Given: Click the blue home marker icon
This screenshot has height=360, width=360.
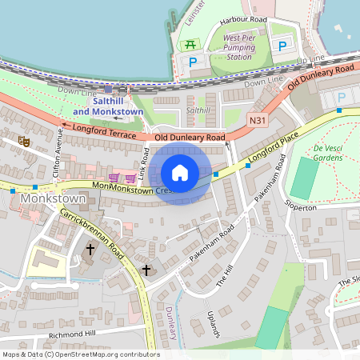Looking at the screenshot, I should click(x=180, y=173).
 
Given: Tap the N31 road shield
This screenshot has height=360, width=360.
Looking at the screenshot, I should click(x=257, y=121).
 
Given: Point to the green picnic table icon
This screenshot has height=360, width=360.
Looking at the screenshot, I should click(x=190, y=45).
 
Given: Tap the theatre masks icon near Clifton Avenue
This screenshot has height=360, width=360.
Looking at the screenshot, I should click(x=25, y=140).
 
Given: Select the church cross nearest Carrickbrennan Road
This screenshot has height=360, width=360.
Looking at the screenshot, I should click(x=90, y=250).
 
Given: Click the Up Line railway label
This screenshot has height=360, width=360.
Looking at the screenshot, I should click(x=310, y=60).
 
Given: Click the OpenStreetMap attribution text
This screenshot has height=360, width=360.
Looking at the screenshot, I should click(x=80, y=354).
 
